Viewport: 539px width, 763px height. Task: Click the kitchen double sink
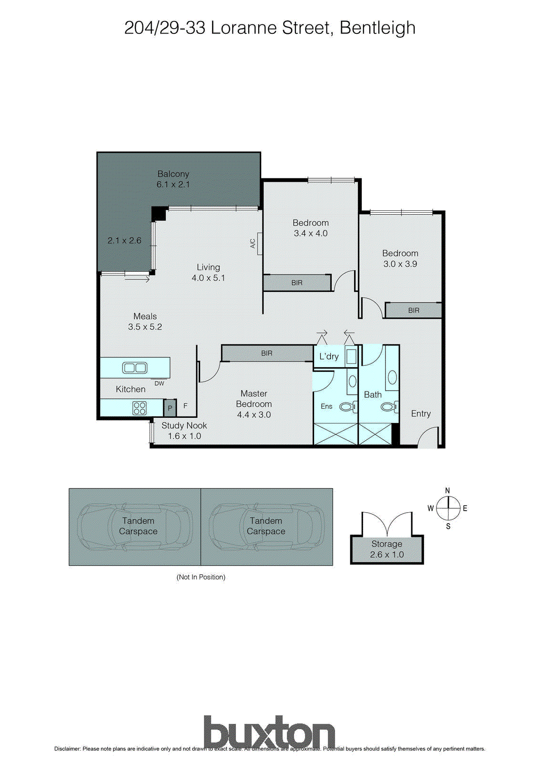135,368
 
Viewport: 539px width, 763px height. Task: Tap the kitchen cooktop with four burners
140,408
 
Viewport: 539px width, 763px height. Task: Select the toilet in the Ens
348,407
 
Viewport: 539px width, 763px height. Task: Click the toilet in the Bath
389,407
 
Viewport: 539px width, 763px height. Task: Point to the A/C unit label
253,243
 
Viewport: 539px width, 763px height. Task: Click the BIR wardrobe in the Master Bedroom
267,353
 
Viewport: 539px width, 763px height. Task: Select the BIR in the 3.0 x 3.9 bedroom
413,310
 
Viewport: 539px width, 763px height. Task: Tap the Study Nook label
184,425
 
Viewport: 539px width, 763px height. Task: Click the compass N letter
447,491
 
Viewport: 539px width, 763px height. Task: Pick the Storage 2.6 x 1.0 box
386,549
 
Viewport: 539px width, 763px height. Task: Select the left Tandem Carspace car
135,526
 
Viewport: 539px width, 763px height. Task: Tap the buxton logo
269,732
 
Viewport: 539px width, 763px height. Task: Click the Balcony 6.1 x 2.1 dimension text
173,185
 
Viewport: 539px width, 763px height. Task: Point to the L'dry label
329,356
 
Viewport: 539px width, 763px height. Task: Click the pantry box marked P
170,408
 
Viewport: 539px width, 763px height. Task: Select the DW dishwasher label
159,383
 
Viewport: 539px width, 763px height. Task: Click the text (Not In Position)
201,577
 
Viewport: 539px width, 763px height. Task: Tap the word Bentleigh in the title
377,28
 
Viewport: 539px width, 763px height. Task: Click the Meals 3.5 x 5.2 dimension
145,327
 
